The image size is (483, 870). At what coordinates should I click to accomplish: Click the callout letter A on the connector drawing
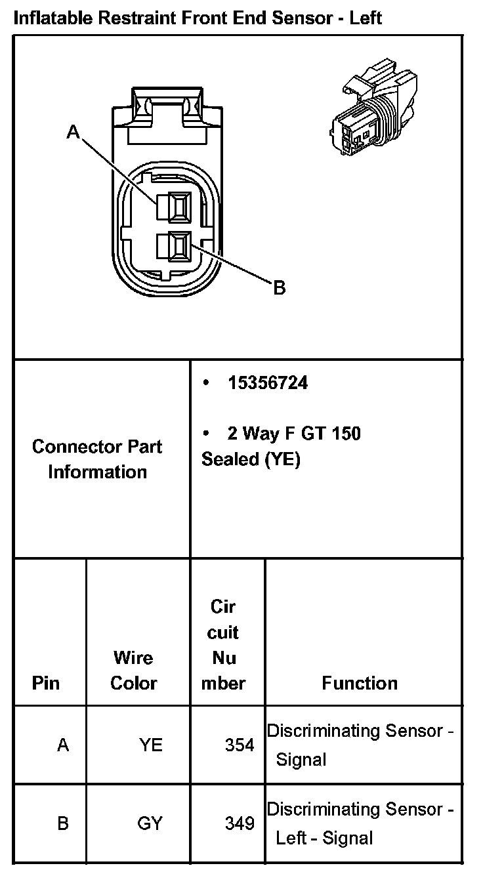tap(73, 133)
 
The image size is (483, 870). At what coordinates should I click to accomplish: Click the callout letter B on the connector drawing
tap(279, 287)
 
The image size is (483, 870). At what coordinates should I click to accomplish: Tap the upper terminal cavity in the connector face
tap(178, 206)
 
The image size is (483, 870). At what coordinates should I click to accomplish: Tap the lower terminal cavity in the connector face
tap(178, 247)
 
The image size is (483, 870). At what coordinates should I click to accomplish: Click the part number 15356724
tap(268, 383)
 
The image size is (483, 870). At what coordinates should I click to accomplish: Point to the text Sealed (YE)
tap(251, 459)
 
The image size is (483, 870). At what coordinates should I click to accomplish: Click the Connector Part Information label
tap(97, 459)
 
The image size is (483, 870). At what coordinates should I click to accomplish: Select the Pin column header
tap(45, 683)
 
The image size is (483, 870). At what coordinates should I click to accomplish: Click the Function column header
tap(360, 683)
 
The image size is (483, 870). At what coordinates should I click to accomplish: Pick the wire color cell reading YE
tap(150, 745)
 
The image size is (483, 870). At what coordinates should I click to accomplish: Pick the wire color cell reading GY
tap(150, 823)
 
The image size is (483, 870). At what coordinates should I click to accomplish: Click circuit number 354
tap(240, 745)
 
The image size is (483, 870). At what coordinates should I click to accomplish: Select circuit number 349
tap(240, 823)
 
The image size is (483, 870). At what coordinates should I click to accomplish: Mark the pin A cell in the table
tap(63, 745)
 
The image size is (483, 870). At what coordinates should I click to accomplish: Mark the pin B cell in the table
tap(63, 823)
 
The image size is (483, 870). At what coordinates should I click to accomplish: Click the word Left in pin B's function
tap(289, 838)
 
